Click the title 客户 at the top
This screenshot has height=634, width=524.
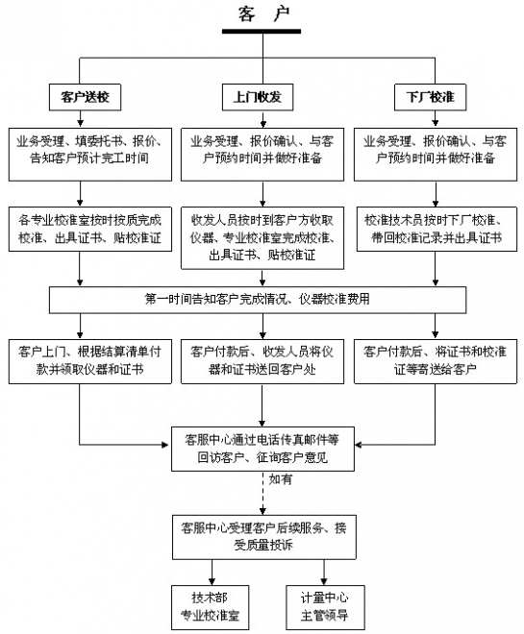[x=262, y=12]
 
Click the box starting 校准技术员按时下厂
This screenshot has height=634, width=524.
[x=429, y=227]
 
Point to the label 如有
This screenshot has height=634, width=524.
[x=281, y=478]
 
